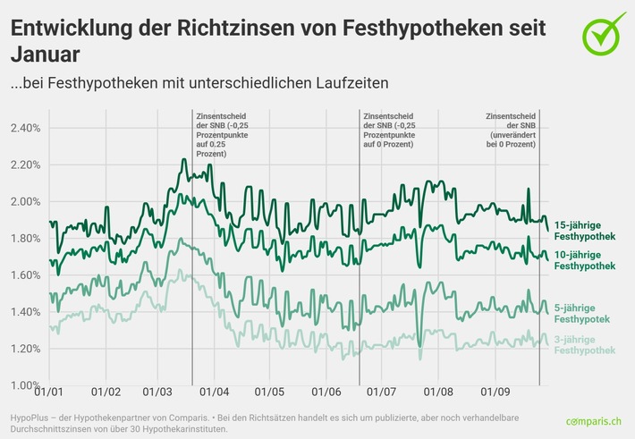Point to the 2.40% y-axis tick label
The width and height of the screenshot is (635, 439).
[25, 129]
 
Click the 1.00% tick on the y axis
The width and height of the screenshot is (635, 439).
[25, 385]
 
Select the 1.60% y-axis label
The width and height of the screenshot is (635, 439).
[25, 275]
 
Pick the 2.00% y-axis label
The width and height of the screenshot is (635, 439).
[25, 202]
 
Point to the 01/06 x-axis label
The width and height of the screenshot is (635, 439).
[326, 392]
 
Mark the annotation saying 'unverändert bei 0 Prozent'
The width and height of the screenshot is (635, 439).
[512, 130]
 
